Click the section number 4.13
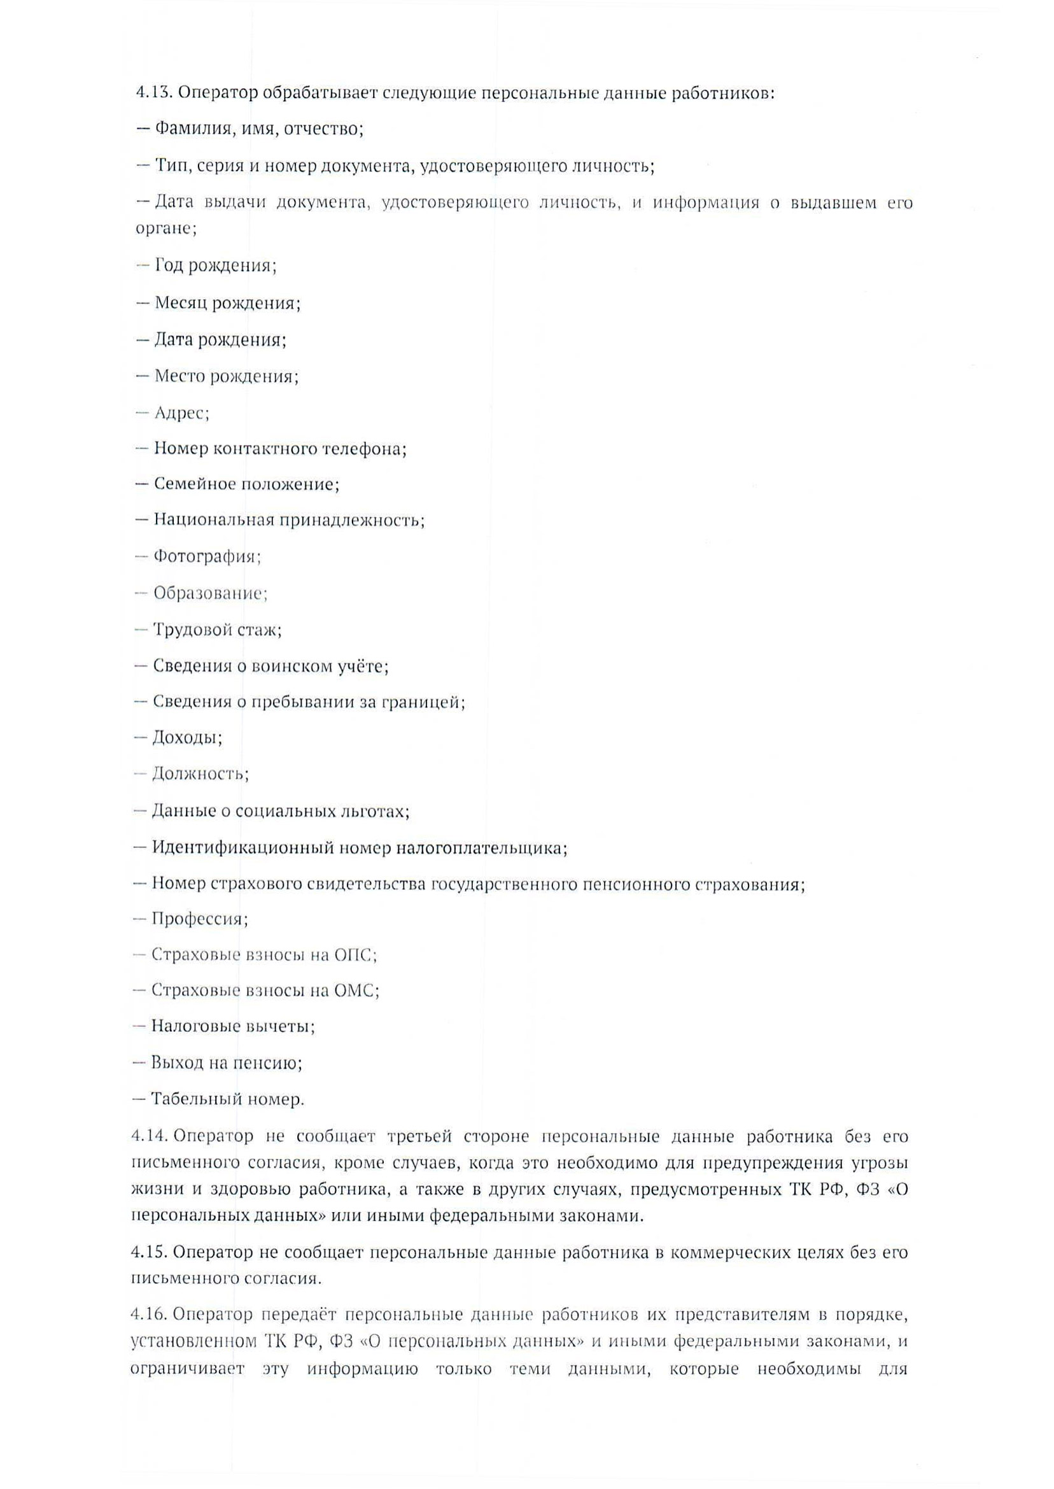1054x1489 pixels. [x=152, y=93]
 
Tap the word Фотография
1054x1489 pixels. [x=207, y=557]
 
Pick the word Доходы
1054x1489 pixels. [x=187, y=737]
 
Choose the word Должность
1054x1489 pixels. [x=200, y=773]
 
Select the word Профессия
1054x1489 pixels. [x=199, y=919]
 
